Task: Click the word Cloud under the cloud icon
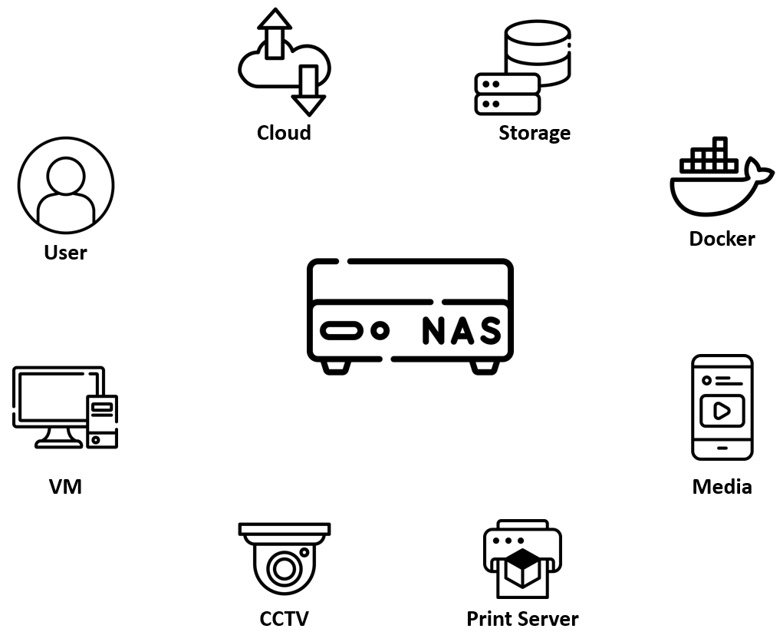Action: coord(284,133)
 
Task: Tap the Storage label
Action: coord(535,133)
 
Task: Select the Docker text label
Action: coord(722,239)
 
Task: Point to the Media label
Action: coord(722,487)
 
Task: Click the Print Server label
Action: coord(522,618)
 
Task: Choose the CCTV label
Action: coord(284,618)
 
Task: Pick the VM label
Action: coord(65,487)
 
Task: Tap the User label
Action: coord(65,253)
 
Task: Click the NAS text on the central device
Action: coord(462,331)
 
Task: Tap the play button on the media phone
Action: coord(722,411)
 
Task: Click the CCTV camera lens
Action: coord(284,569)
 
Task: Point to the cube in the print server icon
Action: coord(522,569)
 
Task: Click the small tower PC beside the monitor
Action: coord(102,420)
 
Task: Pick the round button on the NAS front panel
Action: coord(379,331)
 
